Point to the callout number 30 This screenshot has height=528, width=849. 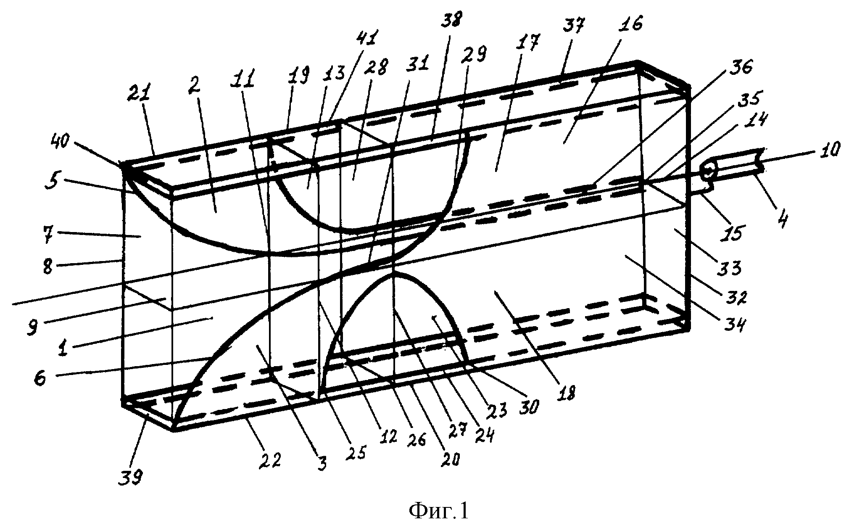point(527,407)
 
